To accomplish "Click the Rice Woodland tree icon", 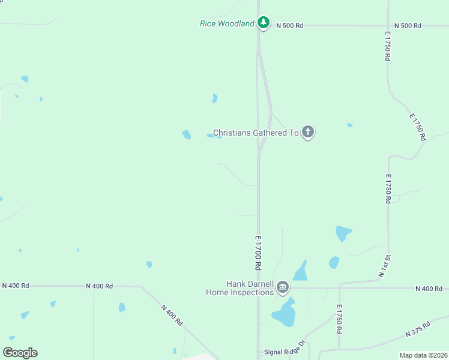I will (263, 23).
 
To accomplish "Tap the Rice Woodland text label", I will (227, 24).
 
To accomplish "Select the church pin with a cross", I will (308, 132).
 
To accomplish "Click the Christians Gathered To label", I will (256, 133).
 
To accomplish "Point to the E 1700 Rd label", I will (258, 251).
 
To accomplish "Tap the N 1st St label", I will (384, 266).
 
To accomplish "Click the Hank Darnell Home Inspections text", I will (241, 288).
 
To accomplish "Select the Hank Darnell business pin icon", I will (283, 288).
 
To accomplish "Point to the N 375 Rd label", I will (418, 329).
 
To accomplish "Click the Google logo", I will (20, 352).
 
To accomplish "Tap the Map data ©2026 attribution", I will (424, 355).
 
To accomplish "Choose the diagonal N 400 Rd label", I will (172, 314).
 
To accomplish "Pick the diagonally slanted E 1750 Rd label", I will (418, 127).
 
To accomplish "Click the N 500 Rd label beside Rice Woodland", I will (289, 26).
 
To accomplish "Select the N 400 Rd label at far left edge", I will (16, 286).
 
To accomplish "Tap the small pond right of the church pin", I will (349, 125).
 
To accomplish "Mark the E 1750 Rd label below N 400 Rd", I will (339, 322).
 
